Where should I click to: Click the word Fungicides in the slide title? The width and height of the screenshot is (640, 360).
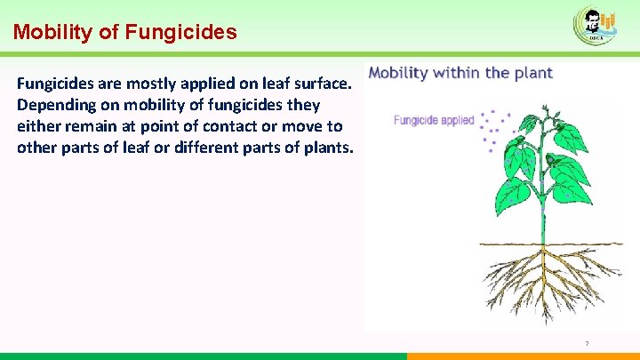point(181,33)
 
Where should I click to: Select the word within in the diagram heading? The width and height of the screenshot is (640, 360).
point(460,73)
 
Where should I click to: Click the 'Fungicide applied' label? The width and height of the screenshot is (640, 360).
point(434,120)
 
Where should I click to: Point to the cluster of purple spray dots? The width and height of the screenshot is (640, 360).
point(492,129)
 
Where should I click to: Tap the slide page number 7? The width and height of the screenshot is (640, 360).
point(587,344)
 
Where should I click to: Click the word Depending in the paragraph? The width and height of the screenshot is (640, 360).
point(54,106)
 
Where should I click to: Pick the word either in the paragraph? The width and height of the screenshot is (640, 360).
point(38,126)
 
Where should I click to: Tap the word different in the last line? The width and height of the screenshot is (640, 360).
point(192,147)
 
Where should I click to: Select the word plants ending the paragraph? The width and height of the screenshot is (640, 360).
point(328,147)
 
